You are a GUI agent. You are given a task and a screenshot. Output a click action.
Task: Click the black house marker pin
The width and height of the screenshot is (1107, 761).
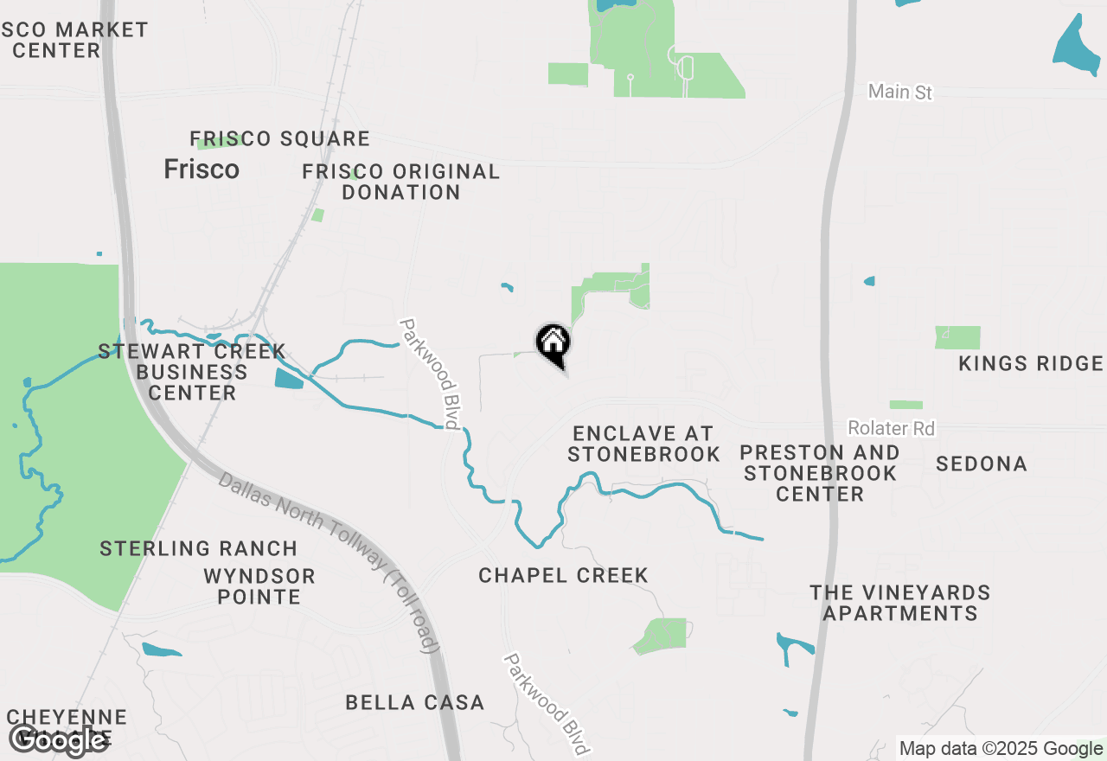pos(553,344)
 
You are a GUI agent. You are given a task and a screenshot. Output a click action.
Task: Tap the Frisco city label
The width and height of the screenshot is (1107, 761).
pos(202,169)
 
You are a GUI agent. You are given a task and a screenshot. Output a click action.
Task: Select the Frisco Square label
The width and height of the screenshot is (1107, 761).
pos(279,138)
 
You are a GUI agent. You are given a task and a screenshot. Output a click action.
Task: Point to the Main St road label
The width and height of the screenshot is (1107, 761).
pos(900,91)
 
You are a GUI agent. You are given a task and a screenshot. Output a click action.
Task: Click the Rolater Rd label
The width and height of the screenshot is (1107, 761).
pos(891,428)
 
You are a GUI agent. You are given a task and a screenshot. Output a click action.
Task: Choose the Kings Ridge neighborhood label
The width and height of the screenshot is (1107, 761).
pos(1030,363)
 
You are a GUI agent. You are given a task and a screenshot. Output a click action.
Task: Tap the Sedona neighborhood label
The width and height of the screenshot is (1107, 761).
pos(982,464)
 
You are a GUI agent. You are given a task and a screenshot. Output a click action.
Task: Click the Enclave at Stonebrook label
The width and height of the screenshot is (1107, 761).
pos(644,443)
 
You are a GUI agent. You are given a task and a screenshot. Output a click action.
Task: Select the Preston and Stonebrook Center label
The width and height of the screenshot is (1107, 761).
pos(820,473)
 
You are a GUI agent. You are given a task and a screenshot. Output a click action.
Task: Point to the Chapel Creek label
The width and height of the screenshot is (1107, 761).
pos(563,575)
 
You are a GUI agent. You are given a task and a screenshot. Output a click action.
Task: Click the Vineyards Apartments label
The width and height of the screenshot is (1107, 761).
pos(899,603)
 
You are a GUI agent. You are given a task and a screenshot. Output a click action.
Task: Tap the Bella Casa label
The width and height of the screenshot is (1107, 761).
pos(414,702)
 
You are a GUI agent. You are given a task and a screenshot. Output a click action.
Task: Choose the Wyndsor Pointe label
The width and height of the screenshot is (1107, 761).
pos(259,585)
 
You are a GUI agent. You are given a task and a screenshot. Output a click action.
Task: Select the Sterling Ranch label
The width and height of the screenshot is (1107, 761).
pos(198,548)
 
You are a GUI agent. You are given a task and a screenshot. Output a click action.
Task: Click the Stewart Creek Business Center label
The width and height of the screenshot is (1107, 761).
pos(192,372)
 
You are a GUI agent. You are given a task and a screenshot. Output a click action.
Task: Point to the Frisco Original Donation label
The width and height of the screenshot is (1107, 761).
pos(400,182)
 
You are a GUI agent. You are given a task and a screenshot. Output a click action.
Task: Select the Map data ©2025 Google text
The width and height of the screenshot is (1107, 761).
pos(1001,749)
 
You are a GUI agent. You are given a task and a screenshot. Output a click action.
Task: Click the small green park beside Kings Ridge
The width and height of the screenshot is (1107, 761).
pos(957,337)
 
